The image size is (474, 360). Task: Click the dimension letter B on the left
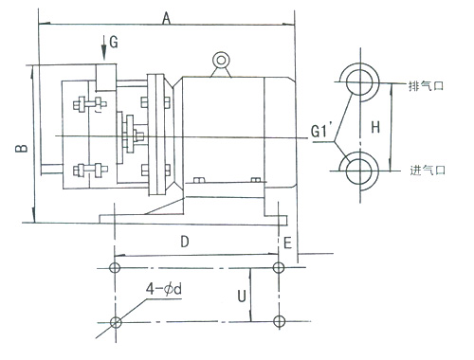point(22,149)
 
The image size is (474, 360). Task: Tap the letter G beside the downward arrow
point(114,42)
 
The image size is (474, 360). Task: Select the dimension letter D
point(185,242)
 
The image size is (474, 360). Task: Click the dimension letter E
point(287,243)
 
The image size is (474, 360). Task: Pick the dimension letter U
point(242,297)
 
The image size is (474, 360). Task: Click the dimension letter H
point(375,127)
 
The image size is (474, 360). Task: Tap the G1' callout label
point(319,131)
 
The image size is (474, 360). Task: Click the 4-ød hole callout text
point(164,289)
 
